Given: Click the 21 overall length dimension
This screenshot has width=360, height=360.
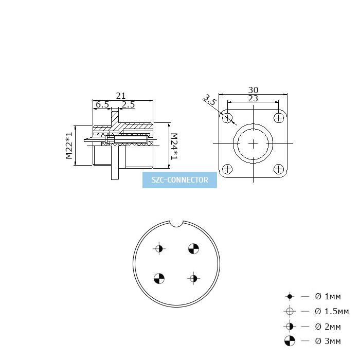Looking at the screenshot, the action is [x=121, y=96].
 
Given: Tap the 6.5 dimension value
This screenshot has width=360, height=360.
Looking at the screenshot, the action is [x=102, y=104].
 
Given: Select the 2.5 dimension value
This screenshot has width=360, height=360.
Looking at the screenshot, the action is [x=128, y=104].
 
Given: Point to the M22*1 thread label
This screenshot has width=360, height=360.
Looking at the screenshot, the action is [x=69, y=146].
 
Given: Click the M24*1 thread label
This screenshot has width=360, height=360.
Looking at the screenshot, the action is [x=174, y=146].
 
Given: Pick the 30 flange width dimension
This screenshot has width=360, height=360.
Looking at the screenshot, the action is [x=253, y=90].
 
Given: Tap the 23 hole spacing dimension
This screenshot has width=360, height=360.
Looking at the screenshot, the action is [x=253, y=98].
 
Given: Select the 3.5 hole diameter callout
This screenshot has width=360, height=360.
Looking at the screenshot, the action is [x=210, y=100].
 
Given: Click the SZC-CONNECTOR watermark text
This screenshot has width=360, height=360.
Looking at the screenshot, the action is [x=180, y=180].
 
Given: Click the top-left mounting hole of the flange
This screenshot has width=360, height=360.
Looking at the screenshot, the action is [x=227, y=118].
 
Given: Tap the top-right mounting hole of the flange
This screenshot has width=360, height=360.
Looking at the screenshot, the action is [x=279, y=118].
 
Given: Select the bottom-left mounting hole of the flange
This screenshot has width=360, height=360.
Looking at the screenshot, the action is [x=227, y=169].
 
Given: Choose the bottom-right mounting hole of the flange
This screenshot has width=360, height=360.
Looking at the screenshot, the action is [x=279, y=169].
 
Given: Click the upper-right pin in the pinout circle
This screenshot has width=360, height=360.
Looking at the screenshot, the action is [x=193, y=248].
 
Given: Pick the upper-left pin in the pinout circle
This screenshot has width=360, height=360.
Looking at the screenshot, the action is [x=159, y=248].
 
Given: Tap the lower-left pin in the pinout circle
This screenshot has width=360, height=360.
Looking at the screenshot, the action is [x=159, y=279].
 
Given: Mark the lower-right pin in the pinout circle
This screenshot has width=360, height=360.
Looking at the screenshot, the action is [x=193, y=279].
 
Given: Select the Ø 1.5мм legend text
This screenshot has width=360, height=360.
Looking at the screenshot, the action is [x=332, y=311].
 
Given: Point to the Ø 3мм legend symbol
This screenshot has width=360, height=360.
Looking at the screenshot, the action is [x=290, y=340].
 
